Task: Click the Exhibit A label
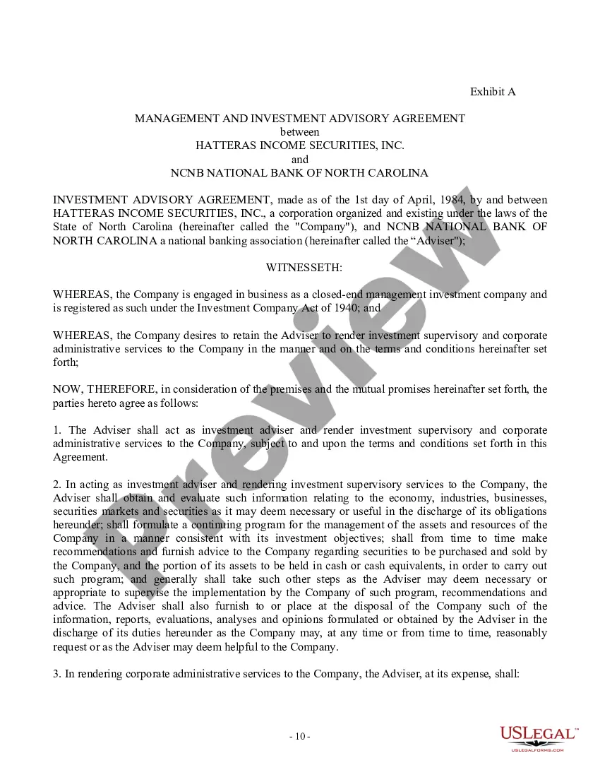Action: click(x=493, y=92)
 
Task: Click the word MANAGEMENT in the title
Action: click(x=172, y=119)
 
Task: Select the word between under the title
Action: click(x=300, y=132)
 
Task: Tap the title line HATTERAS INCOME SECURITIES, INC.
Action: click(x=300, y=146)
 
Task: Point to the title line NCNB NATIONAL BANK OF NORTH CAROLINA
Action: click(x=300, y=172)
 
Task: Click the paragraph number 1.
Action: click(x=56, y=430)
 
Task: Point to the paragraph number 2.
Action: click(x=56, y=485)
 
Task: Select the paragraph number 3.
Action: click(x=56, y=674)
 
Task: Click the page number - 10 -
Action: click(x=300, y=737)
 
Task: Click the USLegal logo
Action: click(x=538, y=737)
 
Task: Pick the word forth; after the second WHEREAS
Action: click(x=66, y=362)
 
